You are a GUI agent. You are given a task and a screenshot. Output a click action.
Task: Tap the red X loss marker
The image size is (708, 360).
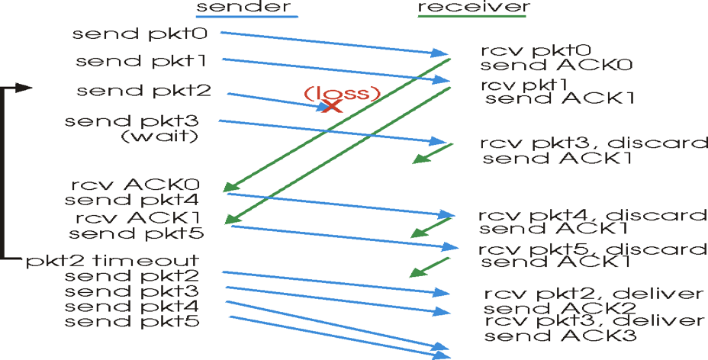331,107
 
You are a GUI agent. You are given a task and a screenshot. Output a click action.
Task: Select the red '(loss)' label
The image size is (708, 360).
341,94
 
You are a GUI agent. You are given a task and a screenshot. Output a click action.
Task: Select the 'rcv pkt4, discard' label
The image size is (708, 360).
594,215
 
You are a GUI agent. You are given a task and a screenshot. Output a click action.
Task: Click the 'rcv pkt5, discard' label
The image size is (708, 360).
594,249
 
